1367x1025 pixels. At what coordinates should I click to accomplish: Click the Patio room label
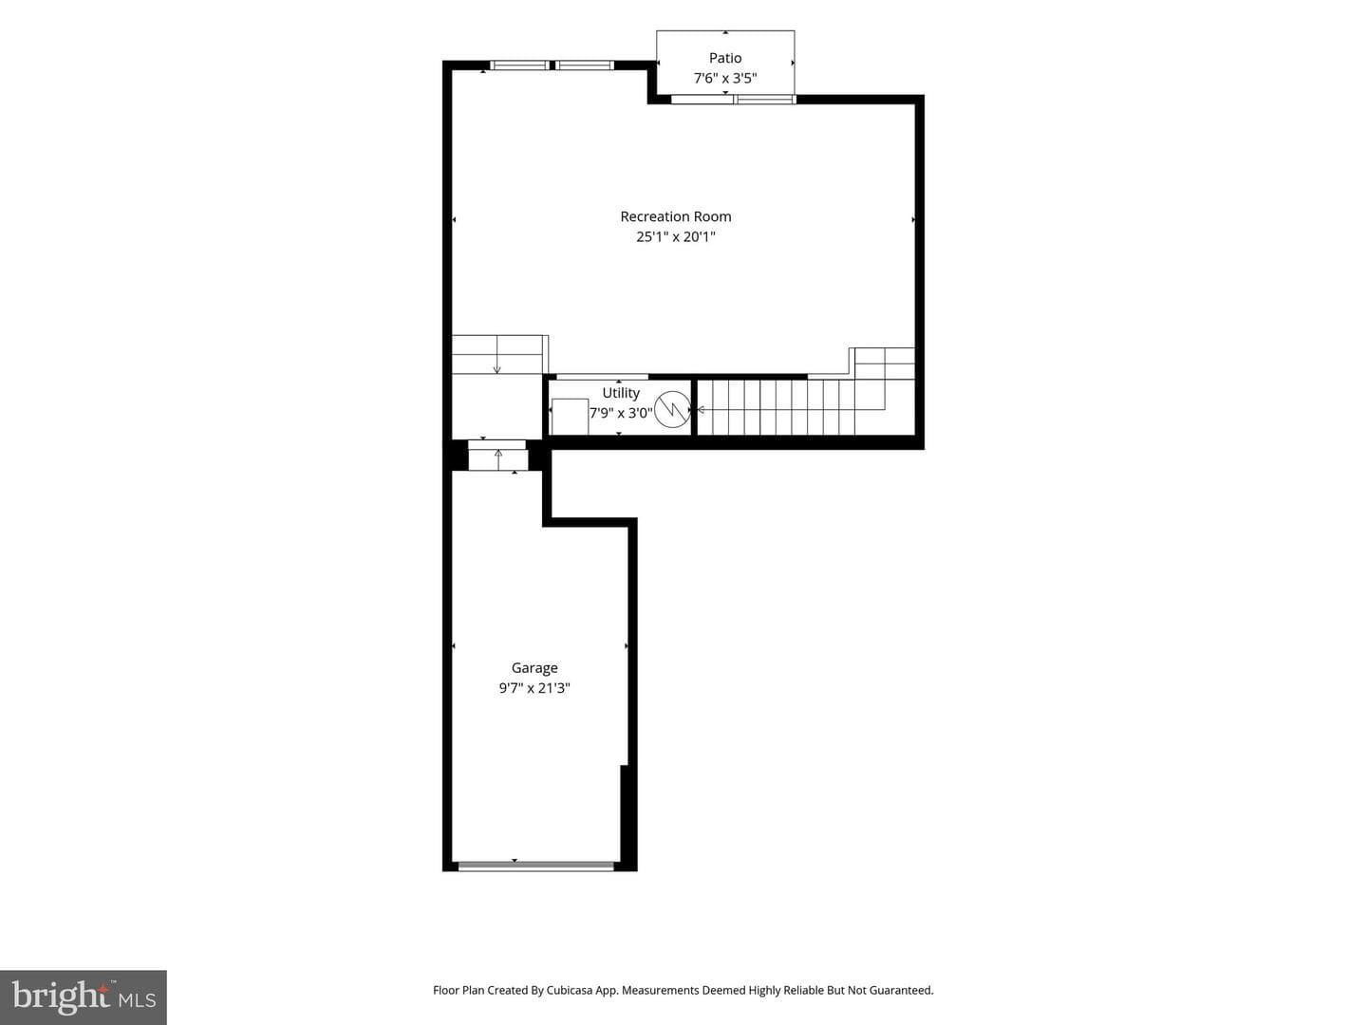725,58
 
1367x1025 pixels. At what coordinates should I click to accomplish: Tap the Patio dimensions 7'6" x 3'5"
725,78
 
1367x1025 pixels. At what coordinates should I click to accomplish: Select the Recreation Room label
675,216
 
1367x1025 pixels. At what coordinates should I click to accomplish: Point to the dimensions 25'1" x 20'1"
675,236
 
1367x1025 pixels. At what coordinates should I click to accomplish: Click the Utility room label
620,393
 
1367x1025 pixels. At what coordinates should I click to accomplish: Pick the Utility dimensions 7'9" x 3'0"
621,413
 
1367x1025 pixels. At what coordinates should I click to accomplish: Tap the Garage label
534,668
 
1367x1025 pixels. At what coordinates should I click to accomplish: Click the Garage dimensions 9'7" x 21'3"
534,688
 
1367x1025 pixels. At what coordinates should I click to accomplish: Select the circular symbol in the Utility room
673,409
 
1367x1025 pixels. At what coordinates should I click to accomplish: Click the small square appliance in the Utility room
570,417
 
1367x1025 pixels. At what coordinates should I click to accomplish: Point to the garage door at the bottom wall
536,865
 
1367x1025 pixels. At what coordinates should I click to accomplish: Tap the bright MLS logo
84,997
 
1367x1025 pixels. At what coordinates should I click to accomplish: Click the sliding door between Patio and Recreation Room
733,99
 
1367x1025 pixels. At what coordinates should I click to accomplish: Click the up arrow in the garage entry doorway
498,459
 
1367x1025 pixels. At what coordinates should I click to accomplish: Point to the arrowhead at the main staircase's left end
701,409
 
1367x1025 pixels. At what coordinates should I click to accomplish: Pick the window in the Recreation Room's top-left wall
552,65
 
